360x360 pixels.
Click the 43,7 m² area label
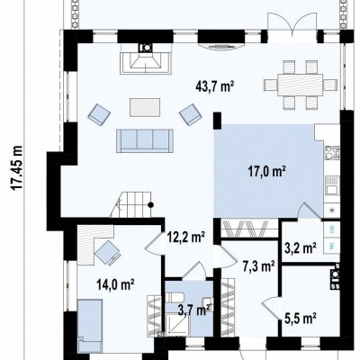tap(214, 87)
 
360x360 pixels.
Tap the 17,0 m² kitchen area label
tap(266, 173)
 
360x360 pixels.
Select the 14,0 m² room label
tap(115, 284)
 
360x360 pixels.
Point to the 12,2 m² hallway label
tap(186, 238)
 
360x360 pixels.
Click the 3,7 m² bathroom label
tap(195, 310)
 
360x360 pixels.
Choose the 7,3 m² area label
tap(259, 265)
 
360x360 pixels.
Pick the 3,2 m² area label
tap(301, 247)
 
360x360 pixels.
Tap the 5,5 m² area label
tap(301, 317)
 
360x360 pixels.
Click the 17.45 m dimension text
tap(17, 167)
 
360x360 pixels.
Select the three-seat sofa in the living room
tap(145, 141)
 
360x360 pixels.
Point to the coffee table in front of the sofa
tap(145, 107)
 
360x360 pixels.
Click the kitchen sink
tap(332, 185)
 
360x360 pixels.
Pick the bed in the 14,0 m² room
tap(90, 325)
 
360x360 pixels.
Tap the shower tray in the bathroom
tap(177, 324)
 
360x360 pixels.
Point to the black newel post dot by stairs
tap(151, 205)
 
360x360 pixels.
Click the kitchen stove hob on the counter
tap(332, 153)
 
